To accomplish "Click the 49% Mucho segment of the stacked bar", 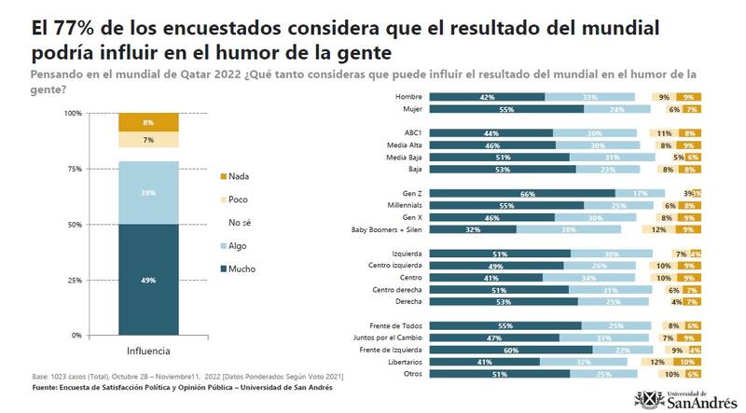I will click(x=148, y=279).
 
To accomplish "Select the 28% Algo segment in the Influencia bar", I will click(x=148, y=192).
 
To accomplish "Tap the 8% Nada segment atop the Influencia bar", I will click(x=148, y=122).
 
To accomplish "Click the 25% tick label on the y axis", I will click(x=99, y=280).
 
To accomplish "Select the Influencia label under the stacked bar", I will click(x=149, y=351).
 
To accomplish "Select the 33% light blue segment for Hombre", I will click(x=589, y=97).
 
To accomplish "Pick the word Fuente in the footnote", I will click(x=48, y=387).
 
